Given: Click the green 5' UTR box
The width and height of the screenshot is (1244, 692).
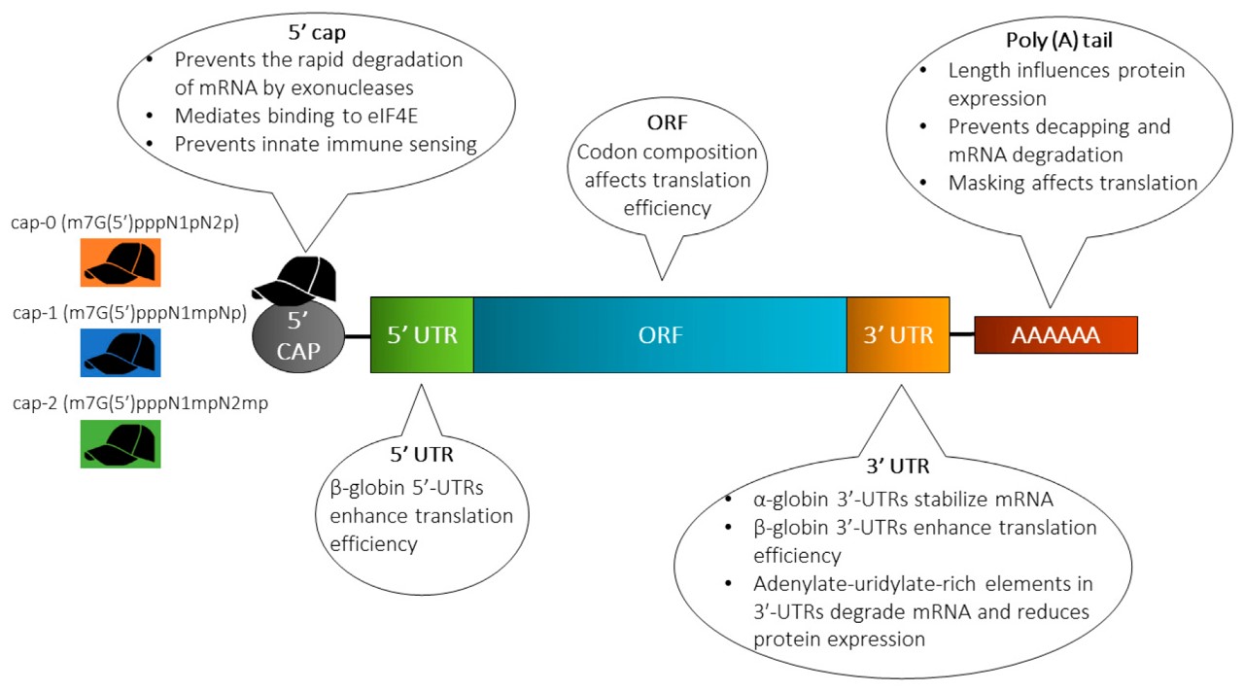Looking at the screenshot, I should (422, 335).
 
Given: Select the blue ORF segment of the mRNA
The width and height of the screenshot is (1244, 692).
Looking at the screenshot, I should (660, 335).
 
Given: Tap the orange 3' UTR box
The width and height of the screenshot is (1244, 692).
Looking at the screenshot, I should (898, 335).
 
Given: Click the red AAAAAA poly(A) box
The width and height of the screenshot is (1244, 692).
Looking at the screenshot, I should (1055, 335).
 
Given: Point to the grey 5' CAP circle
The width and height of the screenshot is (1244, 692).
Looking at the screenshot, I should (297, 340).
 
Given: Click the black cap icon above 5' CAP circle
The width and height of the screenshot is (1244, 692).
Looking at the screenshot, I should (295, 279).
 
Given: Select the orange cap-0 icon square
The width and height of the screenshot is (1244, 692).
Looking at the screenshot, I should (120, 261).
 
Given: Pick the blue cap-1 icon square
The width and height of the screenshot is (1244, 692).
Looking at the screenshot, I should (120, 353).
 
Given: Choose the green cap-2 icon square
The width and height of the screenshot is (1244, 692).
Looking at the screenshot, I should (120, 444).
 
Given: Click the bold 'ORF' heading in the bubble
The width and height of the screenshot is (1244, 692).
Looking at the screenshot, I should (663, 126).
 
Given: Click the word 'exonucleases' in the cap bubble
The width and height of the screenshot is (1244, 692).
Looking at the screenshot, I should (385, 86).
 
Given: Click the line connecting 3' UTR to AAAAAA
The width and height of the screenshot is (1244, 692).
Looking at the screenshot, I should (962, 334).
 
